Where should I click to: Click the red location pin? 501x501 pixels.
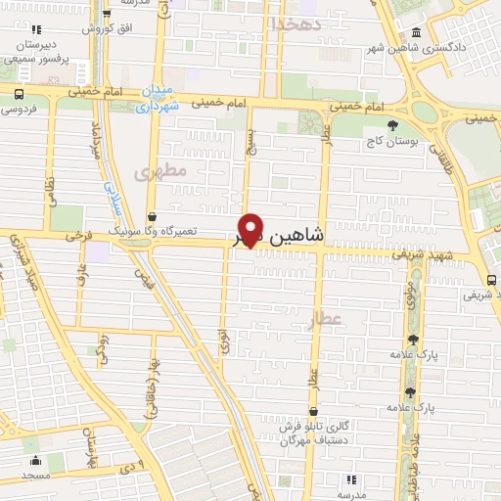[251, 229]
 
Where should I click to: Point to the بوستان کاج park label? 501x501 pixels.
[392, 141]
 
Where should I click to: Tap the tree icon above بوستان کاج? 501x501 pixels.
[392, 125]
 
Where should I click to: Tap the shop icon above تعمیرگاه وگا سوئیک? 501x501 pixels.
[151, 217]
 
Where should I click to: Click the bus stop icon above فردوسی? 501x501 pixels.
[18, 93]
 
